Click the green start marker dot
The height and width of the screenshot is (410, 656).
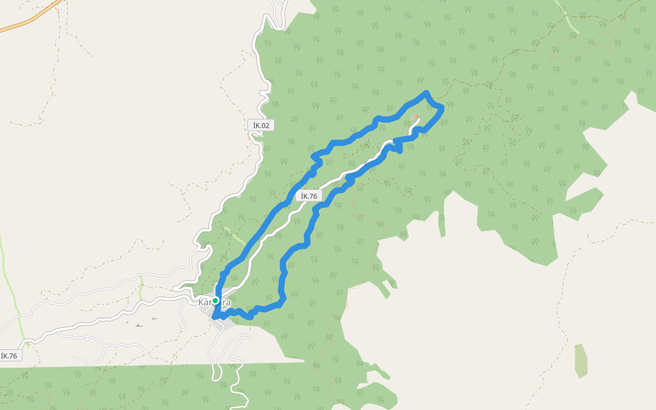click(215, 301)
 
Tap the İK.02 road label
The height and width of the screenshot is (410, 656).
click(260, 125)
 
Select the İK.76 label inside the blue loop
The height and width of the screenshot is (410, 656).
click(310, 196)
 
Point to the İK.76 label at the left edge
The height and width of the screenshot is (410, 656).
click(9, 355)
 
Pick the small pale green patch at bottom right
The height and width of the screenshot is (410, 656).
click(581, 361)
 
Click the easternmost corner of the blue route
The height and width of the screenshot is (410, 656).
click(442, 107)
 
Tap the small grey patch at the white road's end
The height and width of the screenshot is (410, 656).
click(416, 118)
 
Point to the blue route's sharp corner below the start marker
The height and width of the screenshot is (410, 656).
click(215, 317)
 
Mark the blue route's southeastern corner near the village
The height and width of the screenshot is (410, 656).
click(281, 301)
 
